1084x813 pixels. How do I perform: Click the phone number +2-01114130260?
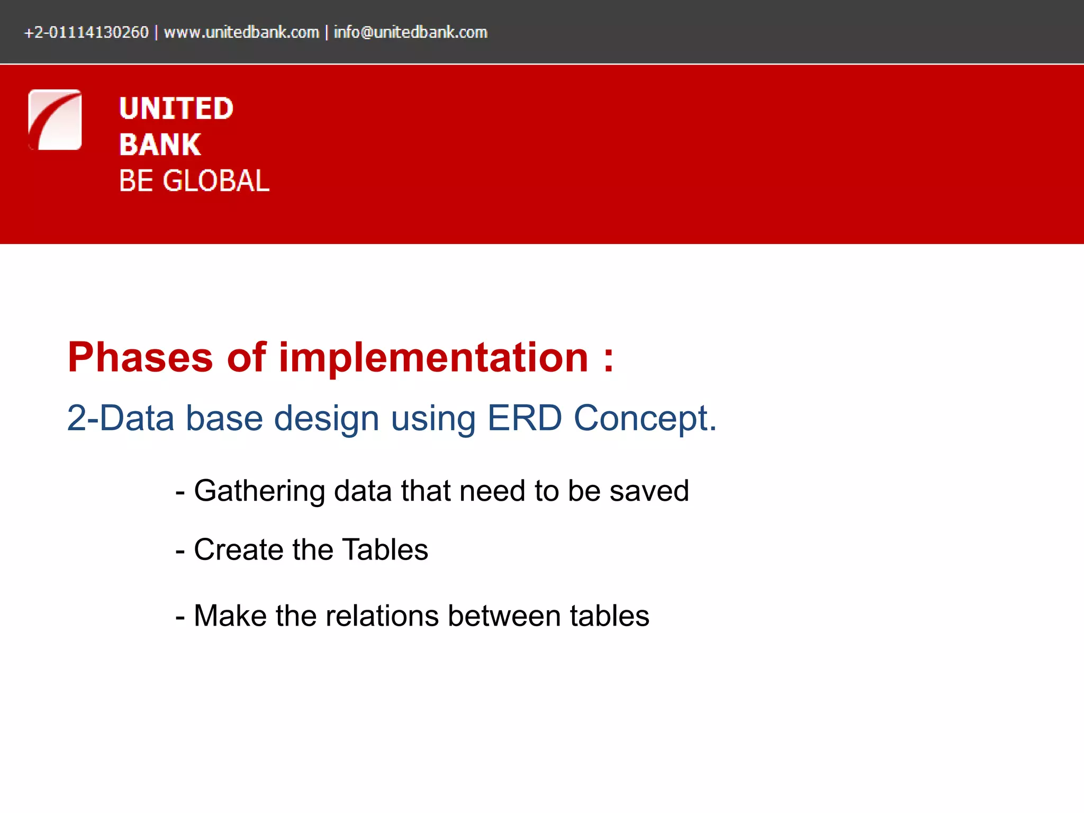click(86, 32)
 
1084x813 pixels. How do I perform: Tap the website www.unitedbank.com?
click(241, 32)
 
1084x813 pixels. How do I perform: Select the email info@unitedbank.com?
click(410, 32)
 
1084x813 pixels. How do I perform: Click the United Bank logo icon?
click(55, 120)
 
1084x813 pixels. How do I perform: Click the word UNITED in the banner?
click(176, 109)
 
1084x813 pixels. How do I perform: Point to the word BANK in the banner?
click(160, 144)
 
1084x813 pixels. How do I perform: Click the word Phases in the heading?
click(140, 358)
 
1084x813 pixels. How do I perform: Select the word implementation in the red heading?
click(433, 358)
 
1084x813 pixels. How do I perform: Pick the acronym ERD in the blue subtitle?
click(524, 418)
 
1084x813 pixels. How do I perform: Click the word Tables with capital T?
click(385, 549)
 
